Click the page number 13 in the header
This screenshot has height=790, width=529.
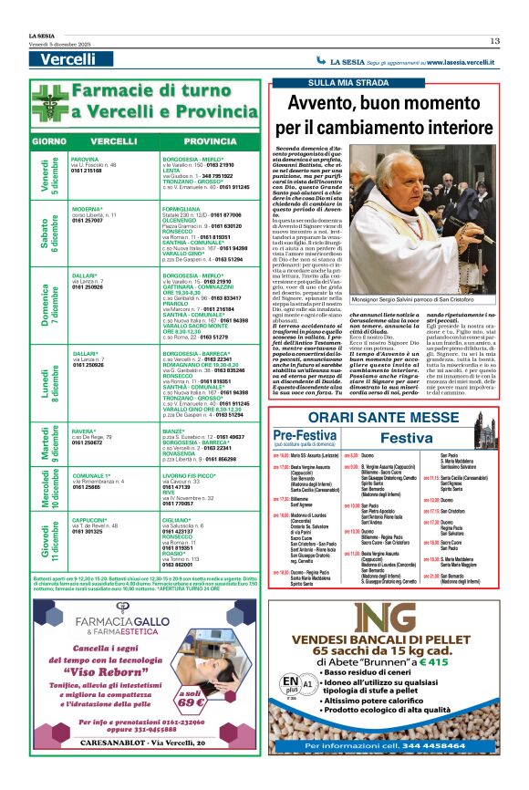pyautogui.click(x=494, y=40)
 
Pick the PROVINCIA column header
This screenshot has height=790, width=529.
pyautogui.click(x=210, y=141)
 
